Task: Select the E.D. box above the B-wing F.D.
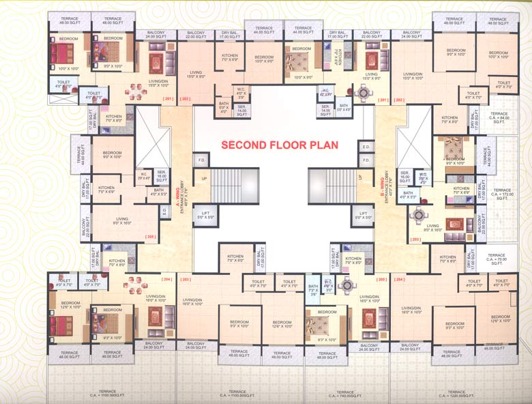(x=366, y=147)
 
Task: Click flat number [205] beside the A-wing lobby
(x=150, y=237)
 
